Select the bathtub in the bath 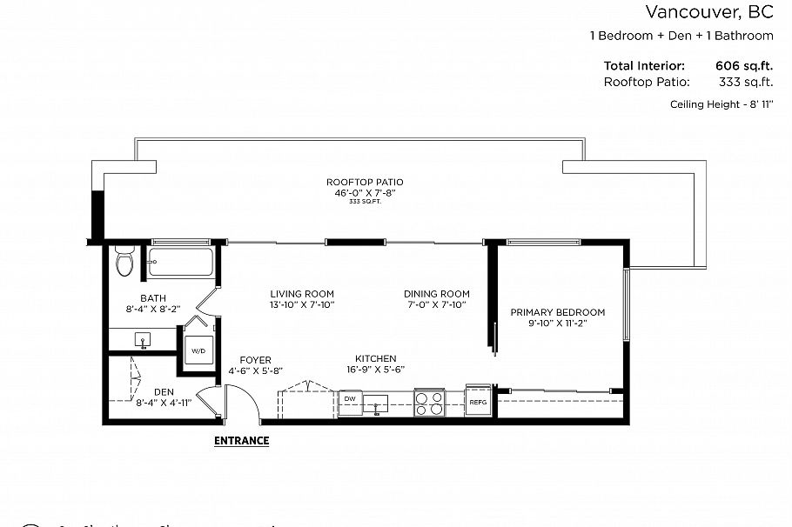(x=180, y=262)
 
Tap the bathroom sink (x=142, y=339)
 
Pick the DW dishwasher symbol (x=350, y=401)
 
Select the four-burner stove (x=428, y=403)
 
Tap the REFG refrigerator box (x=478, y=401)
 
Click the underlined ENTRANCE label (x=241, y=441)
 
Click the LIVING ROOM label (x=301, y=294)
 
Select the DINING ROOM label (x=436, y=294)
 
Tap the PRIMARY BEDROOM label (x=557, y=312)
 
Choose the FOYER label (x=255, y=360)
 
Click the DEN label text (x=164, y=392)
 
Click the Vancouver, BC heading (x=708, y=12)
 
